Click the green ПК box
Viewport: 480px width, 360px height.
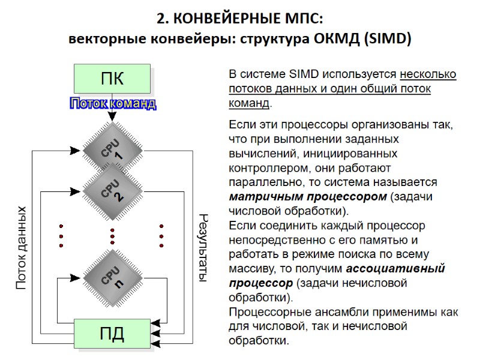click(x=112, y=78)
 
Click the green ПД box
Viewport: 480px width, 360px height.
click(x=112, y=333)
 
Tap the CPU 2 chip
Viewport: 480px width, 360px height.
click(x=112, y=189)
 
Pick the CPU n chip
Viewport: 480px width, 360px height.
click(x=112, y=278)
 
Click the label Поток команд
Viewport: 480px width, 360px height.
click(x=113, y=104)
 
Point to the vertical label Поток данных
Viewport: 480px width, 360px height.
click(x=22, y=248)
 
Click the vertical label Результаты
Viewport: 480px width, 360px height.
click(x=202, y=248)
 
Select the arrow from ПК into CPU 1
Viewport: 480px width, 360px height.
click(x=112, y=115)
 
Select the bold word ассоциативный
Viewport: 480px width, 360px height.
click(x=395, y=268)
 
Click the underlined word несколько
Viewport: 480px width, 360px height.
click(x=428, y=75)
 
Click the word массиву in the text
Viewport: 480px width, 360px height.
click(x=251, y=268)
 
